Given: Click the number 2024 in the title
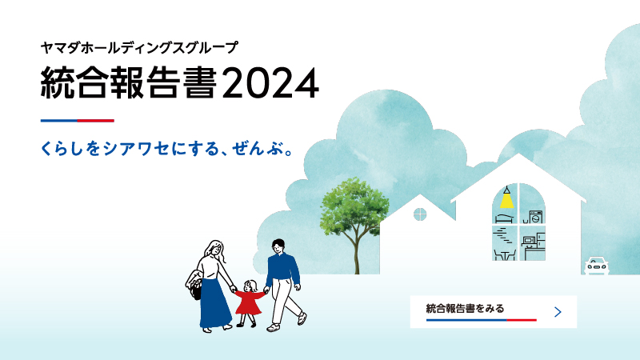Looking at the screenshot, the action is click(x=270, y=83).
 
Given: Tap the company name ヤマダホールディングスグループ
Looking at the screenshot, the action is click(x=138, y=48).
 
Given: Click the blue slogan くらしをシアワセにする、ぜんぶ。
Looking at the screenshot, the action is click(x=167, y=149).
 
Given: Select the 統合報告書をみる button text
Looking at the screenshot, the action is click(x=465, y=308).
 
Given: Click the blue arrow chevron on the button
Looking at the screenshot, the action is click(x=558, y=312).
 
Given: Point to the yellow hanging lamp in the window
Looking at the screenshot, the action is click(x=506, y=198).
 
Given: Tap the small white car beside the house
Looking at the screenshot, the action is click(x=596, y=266).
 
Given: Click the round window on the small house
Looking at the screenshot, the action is click(x=420, y=214).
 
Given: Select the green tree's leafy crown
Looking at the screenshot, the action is click(x=354, y=206).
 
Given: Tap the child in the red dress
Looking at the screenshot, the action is click(x=249, y=303).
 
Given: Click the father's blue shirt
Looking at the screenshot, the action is click(x=282, y=270).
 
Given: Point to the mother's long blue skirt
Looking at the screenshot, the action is click(x=214, y=303).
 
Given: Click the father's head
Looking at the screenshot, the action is click(x=278, y=246).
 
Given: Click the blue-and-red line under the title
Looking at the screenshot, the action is click(x=77, y=121).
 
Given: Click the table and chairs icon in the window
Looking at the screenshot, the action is click(x=505, y=254).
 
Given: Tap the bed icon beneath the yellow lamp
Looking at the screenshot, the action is click(x=505, y=218).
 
